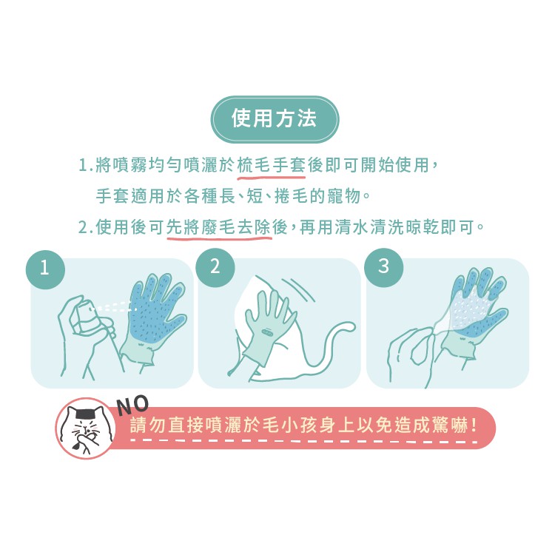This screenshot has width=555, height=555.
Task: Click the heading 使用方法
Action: (274, 118)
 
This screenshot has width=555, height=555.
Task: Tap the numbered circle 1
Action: (45, 269)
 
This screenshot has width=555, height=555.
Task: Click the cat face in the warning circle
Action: (86, 428)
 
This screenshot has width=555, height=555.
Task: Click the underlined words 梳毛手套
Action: (272, 165)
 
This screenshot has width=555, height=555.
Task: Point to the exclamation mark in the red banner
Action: (474, 425)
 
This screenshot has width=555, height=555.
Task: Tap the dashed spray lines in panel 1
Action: (115, 307)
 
